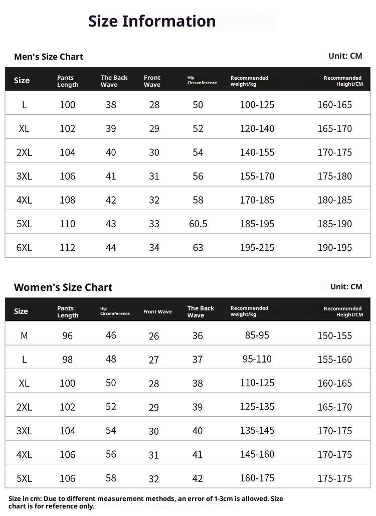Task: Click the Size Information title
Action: point(152,21)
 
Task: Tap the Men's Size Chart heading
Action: point(49,57)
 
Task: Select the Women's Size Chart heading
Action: point(63,287)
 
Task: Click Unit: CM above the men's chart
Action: point(345,56)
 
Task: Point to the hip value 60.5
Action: point(198,224)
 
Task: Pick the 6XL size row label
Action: point(24,248)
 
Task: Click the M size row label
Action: point(24,335)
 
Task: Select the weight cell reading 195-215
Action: point(257,248)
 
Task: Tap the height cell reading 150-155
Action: point(334,335)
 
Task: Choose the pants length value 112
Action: point(67,248)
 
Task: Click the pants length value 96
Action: point(67,335)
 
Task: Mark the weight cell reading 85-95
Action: point(257,335)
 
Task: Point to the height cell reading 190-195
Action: point(334,248)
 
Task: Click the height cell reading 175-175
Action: point(334,478)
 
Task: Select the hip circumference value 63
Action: point(198,248)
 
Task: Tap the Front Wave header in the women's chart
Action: point(157,311)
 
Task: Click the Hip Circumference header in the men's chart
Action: point(202,80)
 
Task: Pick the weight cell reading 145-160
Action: point(257,454)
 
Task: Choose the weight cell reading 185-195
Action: point(257,224)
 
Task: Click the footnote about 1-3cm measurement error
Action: point(145,502)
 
